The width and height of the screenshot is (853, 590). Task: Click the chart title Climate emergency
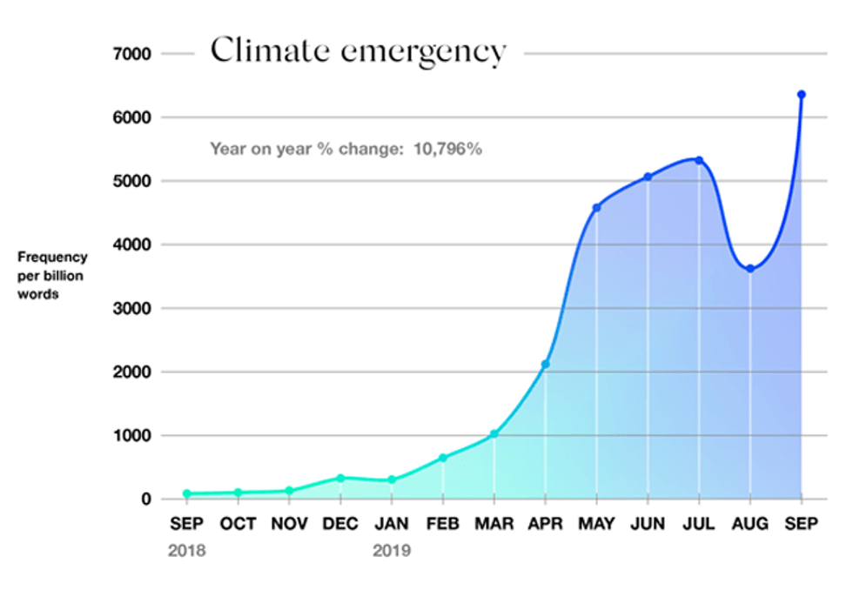click(x=358, y=51)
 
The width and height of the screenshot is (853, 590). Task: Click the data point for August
click(x=749, y=269)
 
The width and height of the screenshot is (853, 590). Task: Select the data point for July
click(x=698, y=160)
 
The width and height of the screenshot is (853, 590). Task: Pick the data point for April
click(x=545, y=365)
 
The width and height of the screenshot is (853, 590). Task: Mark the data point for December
click(x=340, y=478)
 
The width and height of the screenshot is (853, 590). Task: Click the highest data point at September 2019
click(x=801, y=94)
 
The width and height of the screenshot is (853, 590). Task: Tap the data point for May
click(x=596, y=208)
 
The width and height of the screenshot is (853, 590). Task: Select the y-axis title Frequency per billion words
click(x=52, y=276)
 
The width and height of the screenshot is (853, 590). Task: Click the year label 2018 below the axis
click(x=187, y=551)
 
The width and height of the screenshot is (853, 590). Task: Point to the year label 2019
click(x=392, y=551)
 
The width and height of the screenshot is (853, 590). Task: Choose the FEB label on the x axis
click(x=443, y=524)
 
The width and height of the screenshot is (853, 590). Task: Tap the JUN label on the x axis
click(x=648, y=524)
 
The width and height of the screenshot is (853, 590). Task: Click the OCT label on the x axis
click(x=238, y=524)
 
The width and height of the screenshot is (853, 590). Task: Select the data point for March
click(x=494, y=434)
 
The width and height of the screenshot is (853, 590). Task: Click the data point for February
click(x=443, y=458)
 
